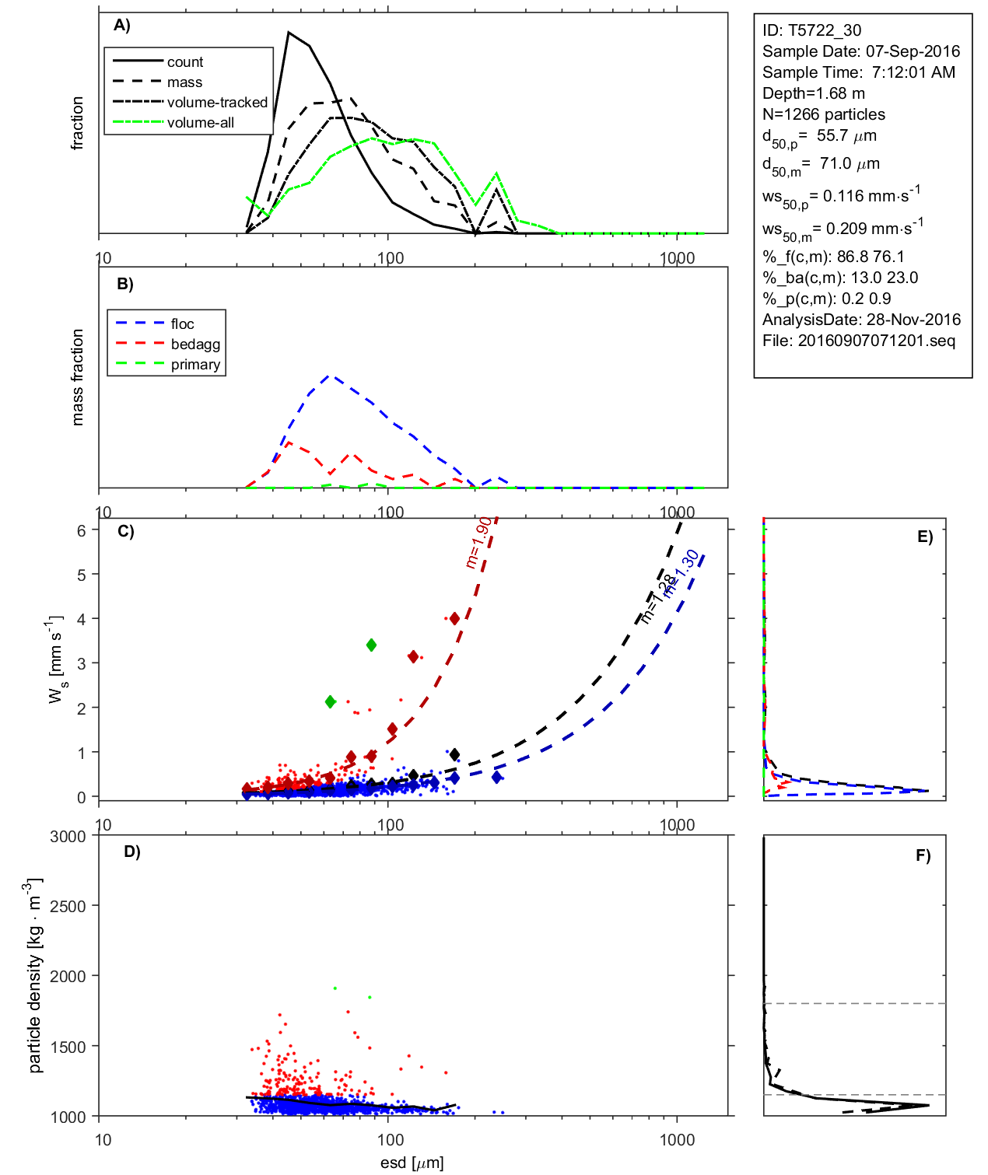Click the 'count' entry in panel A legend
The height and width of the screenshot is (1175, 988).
coord(184,62)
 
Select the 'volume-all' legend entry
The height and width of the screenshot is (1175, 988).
coord(200,123)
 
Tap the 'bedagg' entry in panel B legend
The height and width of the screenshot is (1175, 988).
coord(195,344)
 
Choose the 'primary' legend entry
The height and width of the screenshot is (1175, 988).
coord(195,365)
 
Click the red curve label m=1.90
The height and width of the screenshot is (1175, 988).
coord(478,542)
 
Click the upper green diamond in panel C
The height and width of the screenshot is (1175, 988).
coord(372,645)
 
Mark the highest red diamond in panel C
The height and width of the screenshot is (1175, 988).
coord(455,618)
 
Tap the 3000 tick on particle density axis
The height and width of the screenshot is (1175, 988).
coord(68,837)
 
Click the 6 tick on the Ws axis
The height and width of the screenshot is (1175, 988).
coord(81,530)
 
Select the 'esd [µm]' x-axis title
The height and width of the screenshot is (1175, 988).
coord(412,1163)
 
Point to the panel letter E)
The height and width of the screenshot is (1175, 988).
coord(924,537)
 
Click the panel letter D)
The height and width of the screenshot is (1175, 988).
coord(132,852)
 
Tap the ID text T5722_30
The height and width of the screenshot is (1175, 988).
coord(811,30)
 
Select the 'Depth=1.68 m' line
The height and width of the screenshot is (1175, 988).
coord(813,93)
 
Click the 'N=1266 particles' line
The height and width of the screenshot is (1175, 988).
coord(823,114)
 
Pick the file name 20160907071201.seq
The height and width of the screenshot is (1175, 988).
coord(876,341)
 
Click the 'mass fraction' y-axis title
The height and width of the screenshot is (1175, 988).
coord(77,377)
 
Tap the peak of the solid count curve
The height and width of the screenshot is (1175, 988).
coord(289,33)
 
